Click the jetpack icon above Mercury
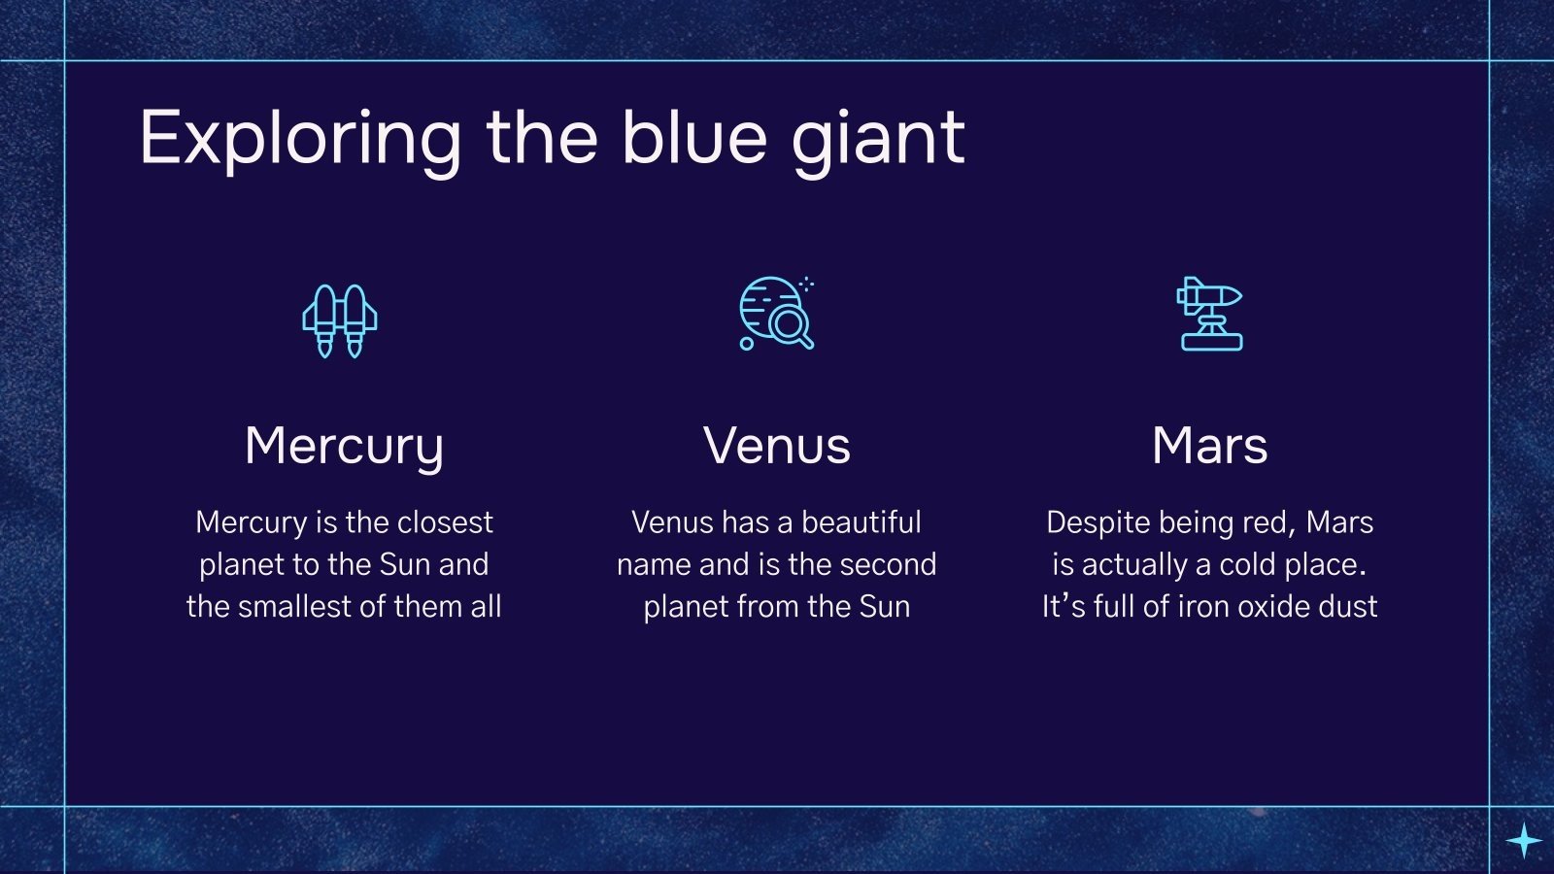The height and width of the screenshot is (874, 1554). (x=340, y=320)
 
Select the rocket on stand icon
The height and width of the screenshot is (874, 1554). (x=1210, y=314)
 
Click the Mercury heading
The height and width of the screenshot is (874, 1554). (x=344, y=447)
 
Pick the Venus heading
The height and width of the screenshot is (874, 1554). (x=777, y=447)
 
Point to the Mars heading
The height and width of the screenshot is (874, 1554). (x=1209, y=447)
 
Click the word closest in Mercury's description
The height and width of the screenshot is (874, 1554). (x=445, y=522)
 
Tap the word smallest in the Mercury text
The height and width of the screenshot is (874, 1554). (x=294, y=606)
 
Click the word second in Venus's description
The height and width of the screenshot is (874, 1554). (x=888, y=564)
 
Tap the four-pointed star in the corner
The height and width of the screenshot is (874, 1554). (x=1524, y=840)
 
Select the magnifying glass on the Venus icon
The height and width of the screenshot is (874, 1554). (x=790, y=325)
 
